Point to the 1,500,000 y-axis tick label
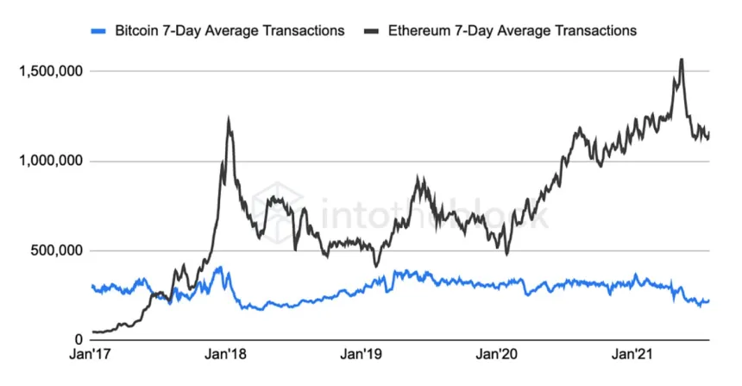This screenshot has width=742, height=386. (x=49, y=71)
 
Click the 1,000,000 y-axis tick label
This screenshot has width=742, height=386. (x=49, y=161)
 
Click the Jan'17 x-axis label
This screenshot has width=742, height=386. (x=92, y=355)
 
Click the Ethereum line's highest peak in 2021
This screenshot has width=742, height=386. (x=682, y=60)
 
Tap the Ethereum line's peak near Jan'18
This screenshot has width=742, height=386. (x=228, y=120)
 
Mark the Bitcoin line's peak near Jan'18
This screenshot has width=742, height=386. (x=219, y=268)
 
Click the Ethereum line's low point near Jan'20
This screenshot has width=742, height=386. (x=507, y=253)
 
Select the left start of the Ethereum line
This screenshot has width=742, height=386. (x=92, y=332)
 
